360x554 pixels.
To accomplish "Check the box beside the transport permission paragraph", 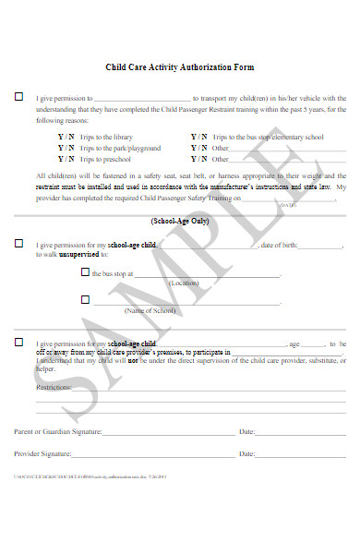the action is tap(18, 97).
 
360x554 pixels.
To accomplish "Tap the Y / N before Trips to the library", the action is tap(66, 137).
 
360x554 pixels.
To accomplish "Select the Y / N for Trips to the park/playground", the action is tap(66, 148).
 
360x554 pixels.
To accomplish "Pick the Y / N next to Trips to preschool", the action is tap(66, 159).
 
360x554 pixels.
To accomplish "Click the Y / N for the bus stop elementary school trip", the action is tap(198, 137).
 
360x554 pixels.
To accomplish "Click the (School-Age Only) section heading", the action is tap(180, 222).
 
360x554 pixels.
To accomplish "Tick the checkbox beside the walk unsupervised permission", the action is tap(18, 244).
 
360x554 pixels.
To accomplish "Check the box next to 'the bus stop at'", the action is tap(85, 272).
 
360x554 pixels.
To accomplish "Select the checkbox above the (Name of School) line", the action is tap(85, 299).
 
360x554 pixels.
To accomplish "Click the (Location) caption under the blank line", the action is tap(184, 283).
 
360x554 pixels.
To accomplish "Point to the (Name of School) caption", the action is tap(150, 311).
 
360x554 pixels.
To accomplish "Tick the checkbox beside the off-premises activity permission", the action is tap(18, 342).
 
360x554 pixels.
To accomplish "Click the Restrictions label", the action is tap(54, 388).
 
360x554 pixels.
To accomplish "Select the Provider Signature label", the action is tap(42, 454).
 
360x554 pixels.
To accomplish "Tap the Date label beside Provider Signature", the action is tap(246, 454).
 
